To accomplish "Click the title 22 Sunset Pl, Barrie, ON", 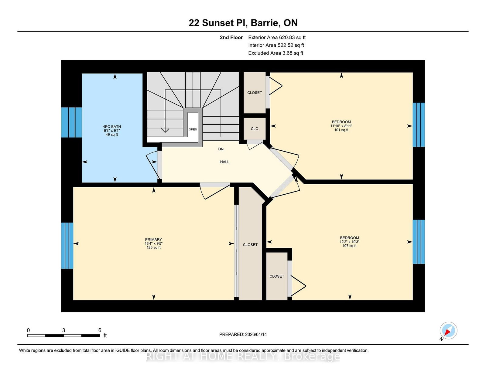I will [x=243, y=23].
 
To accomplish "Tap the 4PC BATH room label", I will [x=112, y=130].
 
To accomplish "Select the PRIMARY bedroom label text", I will [x=153, y=243].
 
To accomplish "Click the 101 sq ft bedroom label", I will [x=341, y=126].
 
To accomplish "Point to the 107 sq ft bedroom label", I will [x=349, y=242].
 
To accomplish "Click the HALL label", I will [x=224, y=162].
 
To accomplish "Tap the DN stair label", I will [x=221, y=149].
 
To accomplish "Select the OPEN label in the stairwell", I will [x=193, y=129].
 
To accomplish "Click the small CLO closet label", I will [x=255, y=129].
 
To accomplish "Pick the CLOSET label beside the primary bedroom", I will [x=250, y=245].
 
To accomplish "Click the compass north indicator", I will [x=448, y=331].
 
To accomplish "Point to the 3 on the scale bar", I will [x=63, y=330].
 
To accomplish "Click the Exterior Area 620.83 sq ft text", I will [x=277, y=38].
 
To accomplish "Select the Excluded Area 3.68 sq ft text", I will [x=276, y=53].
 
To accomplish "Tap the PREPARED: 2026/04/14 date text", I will [x=243, y=334].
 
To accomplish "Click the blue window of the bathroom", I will [x=71, y=122].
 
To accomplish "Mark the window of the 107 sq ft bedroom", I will [x=419, y=242].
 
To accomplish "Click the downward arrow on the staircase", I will [x=165, y=130].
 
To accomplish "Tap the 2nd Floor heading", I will [x=231, y=38].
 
